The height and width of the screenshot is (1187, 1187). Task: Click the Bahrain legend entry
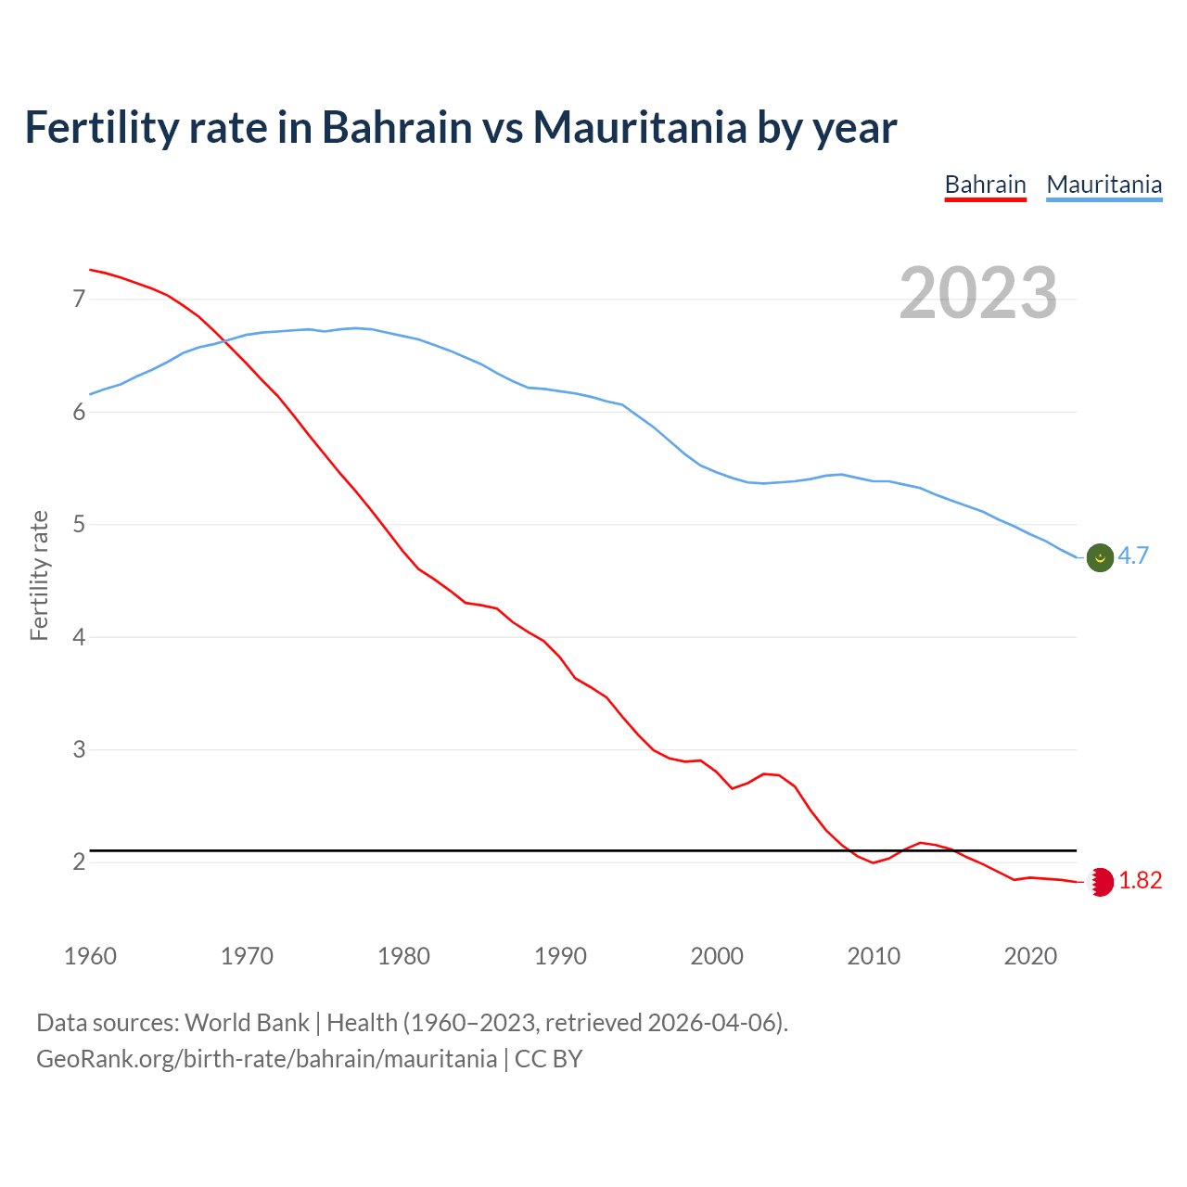[985, 185]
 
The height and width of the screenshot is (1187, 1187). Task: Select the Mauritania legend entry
[1104, 185]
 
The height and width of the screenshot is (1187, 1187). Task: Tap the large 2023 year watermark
[978, 293]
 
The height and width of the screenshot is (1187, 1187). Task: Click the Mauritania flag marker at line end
[1100, 557]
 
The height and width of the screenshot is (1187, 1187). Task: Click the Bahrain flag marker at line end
[1100, 881]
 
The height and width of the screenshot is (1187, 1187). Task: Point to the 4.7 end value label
[1133, 555]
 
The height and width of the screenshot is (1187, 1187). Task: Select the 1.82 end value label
[1140, 880]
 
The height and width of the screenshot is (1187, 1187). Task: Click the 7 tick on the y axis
[79, 299]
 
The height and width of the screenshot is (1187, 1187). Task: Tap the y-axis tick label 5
[79, 525]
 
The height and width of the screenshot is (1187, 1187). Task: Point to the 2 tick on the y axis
[79, 862]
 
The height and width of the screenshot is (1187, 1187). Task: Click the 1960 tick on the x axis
[90, 956]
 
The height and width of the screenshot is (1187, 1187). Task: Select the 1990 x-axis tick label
[560, 956]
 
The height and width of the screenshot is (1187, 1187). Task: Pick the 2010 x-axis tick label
[874, 956]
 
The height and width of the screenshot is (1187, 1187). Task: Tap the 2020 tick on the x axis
[1030, 956]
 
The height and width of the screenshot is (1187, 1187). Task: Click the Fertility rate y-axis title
[39, 575]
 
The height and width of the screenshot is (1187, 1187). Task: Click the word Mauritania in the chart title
[639, 127]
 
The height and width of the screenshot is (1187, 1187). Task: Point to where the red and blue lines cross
[223, 339]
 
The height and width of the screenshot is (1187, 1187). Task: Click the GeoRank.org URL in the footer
[266, 1059]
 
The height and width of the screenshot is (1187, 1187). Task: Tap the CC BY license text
[548, 1059]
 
